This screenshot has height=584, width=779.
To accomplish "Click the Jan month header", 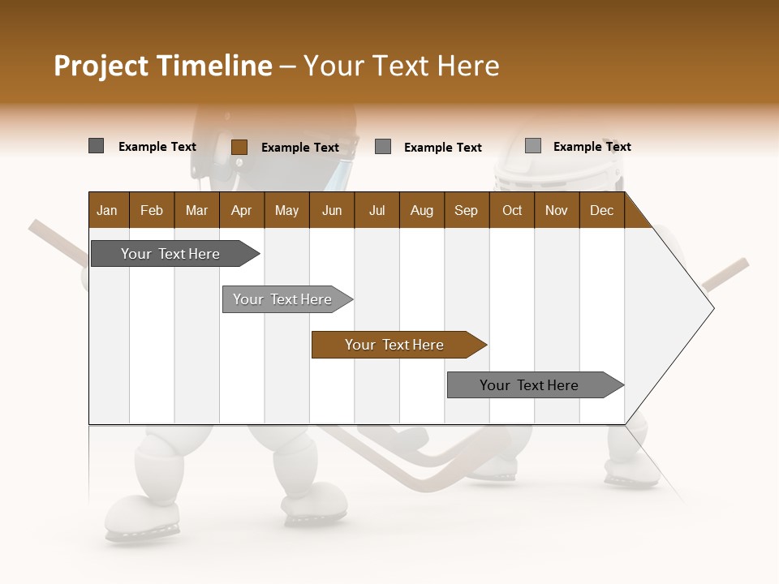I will [x=107, y=210].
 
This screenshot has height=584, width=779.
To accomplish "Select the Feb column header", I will [x=152, y=210].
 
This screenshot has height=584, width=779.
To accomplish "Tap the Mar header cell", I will [x=196, y=210].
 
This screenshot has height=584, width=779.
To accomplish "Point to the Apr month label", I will [x=241, y=210].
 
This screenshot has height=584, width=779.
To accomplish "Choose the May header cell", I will [x=286, y=210].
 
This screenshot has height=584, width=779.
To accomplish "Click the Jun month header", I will [x=332, y=210].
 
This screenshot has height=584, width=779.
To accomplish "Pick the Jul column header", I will [x=377, y=210].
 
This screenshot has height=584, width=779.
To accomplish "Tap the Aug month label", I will [x=422, y=210].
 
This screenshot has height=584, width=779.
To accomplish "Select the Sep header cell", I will [x=467, y=210].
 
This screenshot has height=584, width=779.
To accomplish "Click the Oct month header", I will [x=512, y=210].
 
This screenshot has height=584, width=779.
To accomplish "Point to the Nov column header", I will [x=557, y=210].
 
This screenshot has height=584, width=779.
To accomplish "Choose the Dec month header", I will [x=602, y=210].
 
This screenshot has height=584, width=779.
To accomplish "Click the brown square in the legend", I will [x=239, y=147].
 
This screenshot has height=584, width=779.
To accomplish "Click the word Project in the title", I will [x=101, y=66].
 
